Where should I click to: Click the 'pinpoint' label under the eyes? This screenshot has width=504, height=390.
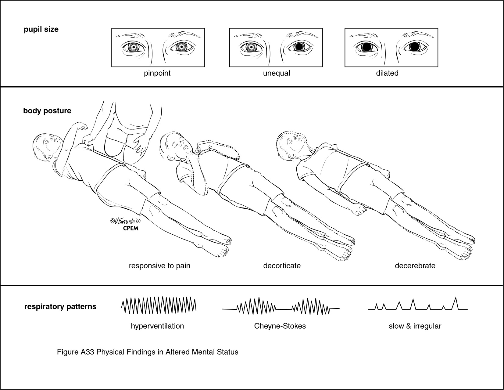(157, 73)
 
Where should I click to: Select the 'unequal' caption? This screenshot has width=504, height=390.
(276, 73)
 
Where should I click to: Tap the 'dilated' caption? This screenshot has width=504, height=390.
(387, 73)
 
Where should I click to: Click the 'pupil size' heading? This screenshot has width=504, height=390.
(41, 30)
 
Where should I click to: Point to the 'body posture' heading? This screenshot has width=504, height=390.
(47, 110)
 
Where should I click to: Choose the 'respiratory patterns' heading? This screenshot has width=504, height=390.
(60, 306)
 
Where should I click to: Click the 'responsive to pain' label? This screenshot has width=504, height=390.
(159, 265)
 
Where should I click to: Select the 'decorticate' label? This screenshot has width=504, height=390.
(282, 265)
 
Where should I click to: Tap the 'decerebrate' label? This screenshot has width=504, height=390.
(415, 265)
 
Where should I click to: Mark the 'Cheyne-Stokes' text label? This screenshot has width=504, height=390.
(280, 326)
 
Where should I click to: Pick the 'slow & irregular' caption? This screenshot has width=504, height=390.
(415, 326)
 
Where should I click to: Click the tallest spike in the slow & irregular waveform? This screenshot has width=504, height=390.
(456, 302)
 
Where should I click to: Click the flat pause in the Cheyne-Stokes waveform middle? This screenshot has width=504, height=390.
(284, 309)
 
